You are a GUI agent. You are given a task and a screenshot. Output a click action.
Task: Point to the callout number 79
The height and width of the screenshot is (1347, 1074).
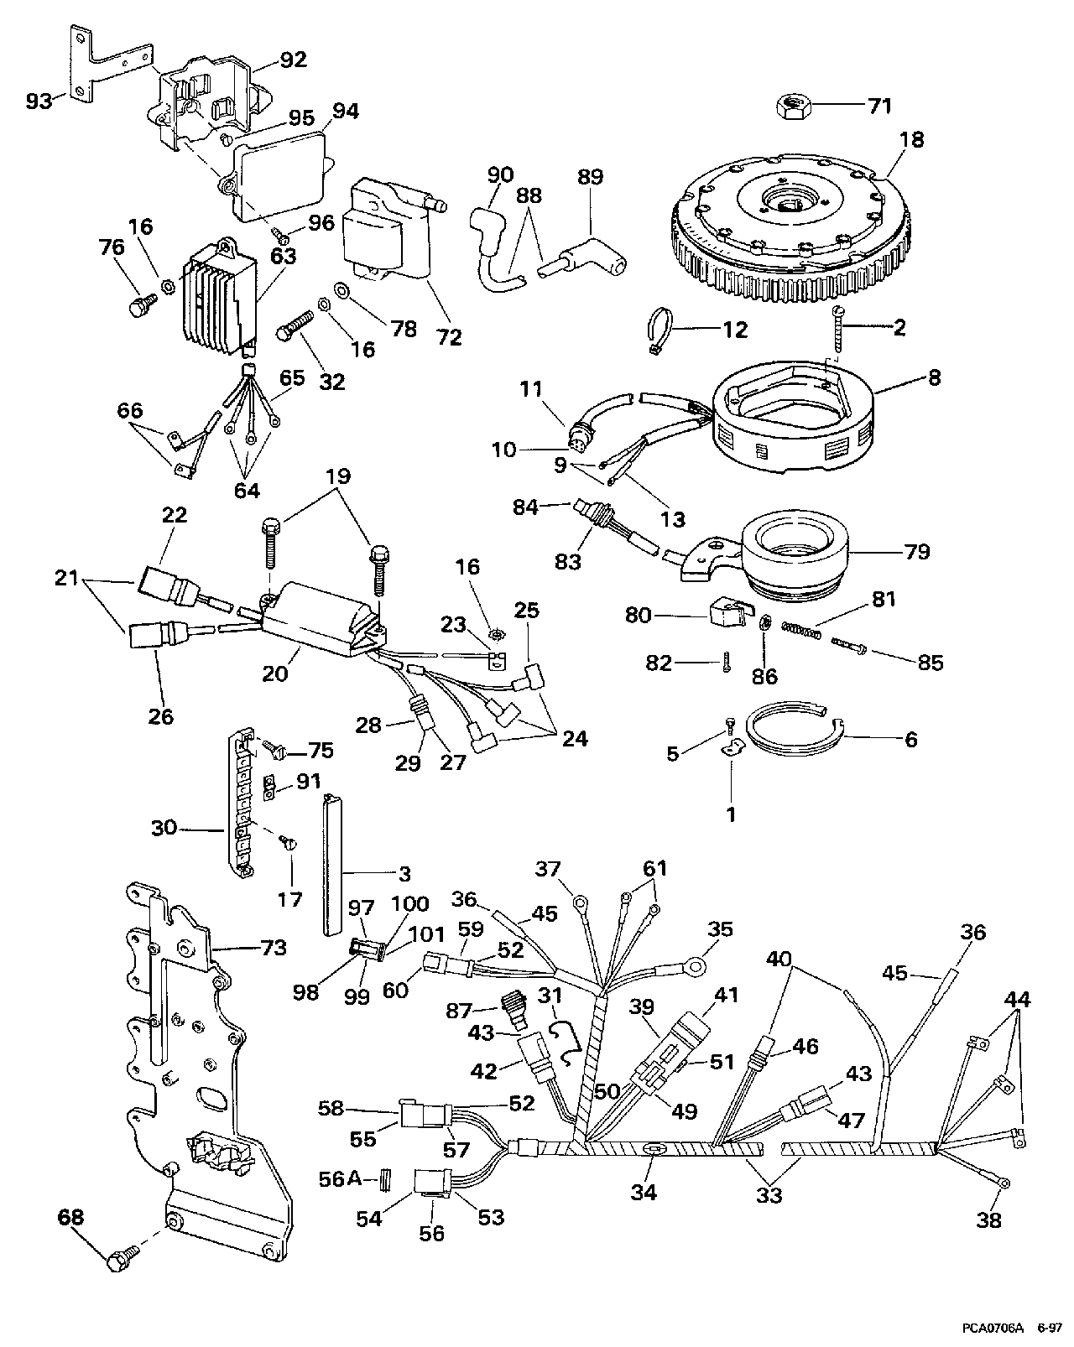pos(916,553)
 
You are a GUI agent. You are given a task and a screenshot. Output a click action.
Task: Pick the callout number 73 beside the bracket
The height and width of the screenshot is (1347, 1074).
pos(273,948)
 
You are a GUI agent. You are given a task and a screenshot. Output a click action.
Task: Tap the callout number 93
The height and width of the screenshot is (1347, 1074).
pos(39,101)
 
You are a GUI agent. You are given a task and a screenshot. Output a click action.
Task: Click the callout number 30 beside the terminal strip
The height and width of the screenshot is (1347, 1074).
pos(164,827)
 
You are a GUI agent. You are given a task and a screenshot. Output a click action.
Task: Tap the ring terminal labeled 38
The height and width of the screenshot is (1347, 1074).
pos(1003,1183)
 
